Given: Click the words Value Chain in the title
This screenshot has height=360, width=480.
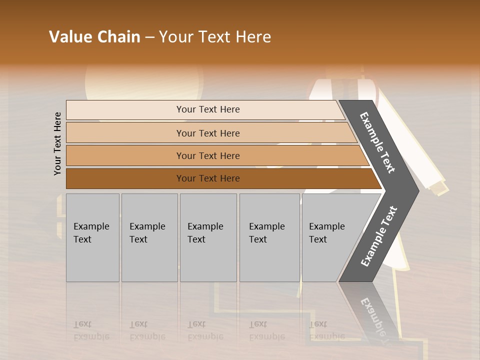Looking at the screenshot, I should pos(94,37).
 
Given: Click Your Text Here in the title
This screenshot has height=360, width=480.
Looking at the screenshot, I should pos(215,37).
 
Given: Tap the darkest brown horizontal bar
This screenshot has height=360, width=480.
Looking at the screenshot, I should pos(125,178).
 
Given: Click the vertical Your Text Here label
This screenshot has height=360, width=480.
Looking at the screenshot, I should pos(57,143).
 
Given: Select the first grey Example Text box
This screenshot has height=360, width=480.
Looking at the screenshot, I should pos(92,237).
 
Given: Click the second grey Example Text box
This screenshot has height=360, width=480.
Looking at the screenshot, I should pos(149,237).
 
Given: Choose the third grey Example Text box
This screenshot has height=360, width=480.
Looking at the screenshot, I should pos(208,237).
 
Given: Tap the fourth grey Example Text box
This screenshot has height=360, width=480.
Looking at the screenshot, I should pos(269,237).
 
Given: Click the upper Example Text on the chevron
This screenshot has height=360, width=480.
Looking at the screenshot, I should pos(377,142).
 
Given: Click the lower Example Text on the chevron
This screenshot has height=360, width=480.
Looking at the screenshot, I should pos(378,236).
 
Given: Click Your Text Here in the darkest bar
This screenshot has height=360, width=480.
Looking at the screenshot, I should pos(208,178).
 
